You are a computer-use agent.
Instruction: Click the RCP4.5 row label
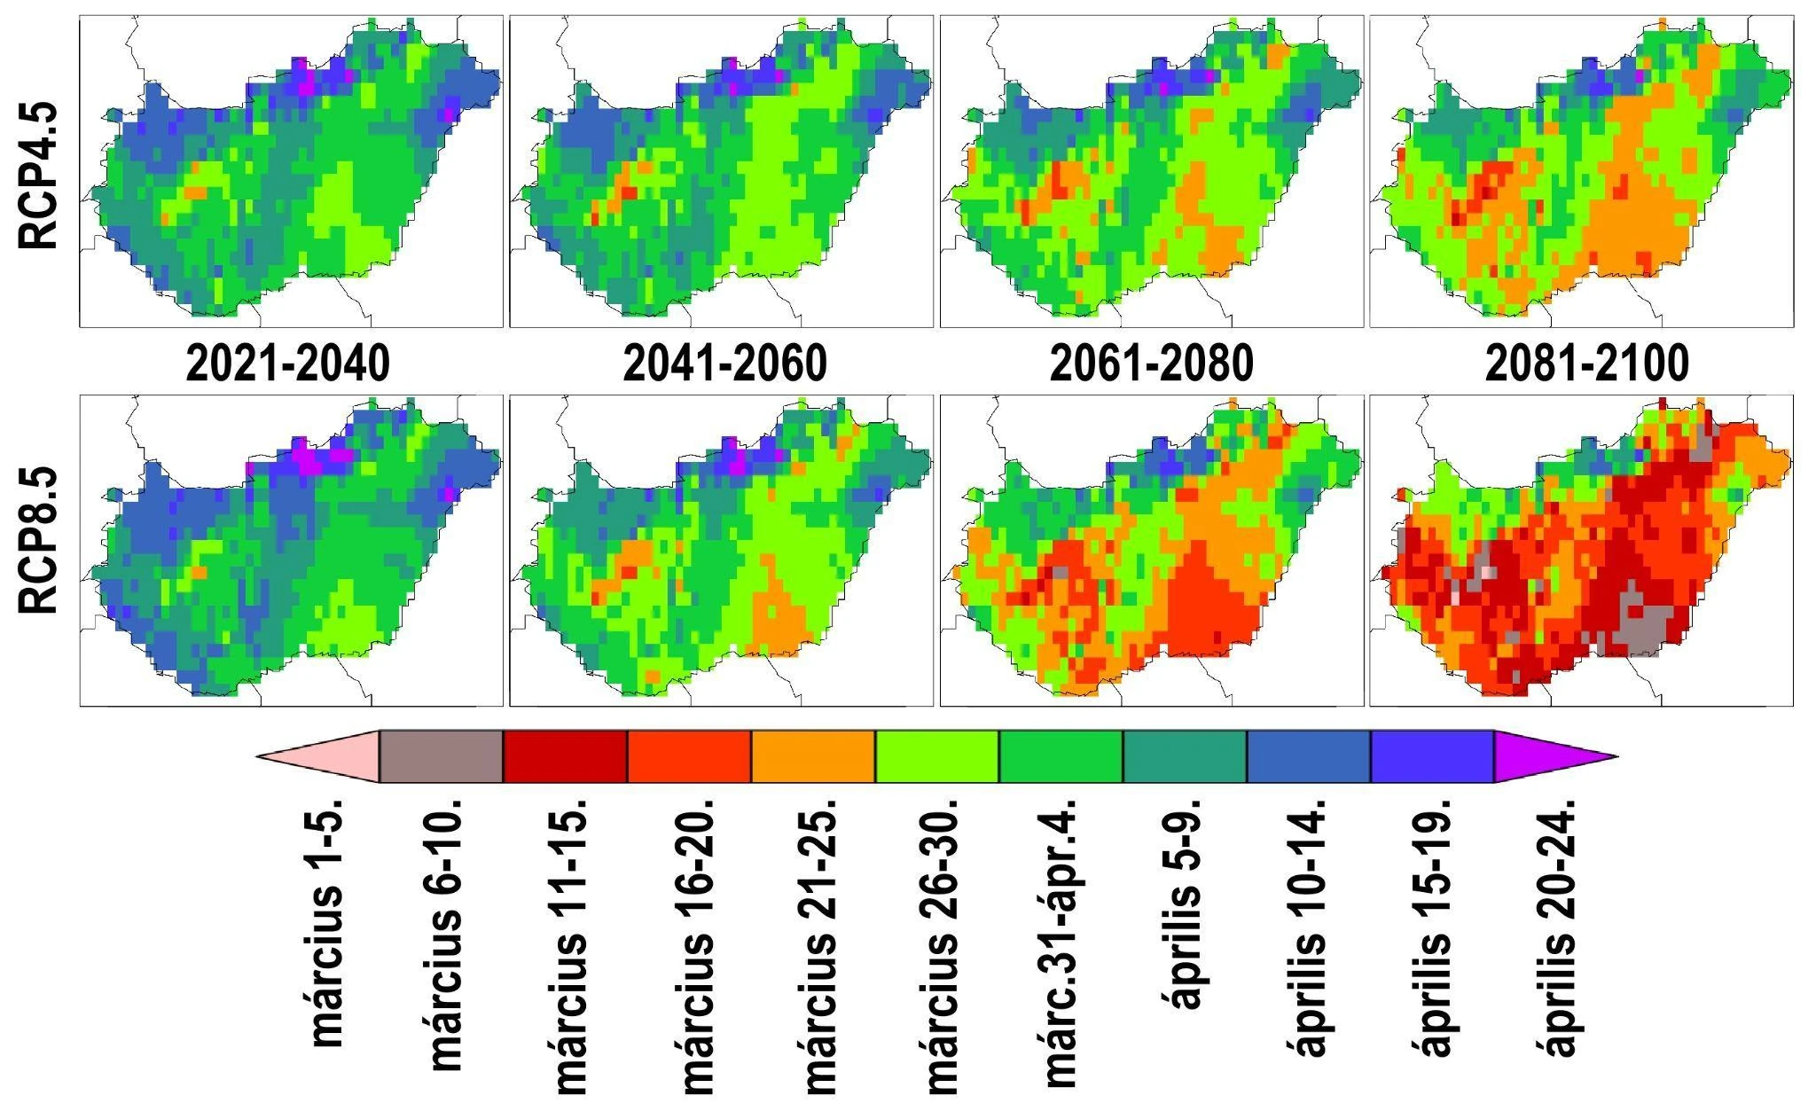point(39,176)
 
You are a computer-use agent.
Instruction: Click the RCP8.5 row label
point(39,541)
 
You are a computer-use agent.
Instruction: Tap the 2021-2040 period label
point(288,364)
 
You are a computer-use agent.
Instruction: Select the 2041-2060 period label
point(724,364)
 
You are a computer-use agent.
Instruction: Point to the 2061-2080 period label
point(1152,364)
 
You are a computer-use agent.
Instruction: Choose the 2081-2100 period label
point(1587,364)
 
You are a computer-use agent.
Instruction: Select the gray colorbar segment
point(441,756)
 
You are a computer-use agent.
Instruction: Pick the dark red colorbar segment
point(565,756)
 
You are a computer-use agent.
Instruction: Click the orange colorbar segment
point(813,756)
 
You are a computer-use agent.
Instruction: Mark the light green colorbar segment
point(937,756)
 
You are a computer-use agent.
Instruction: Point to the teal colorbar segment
point(1185,756)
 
